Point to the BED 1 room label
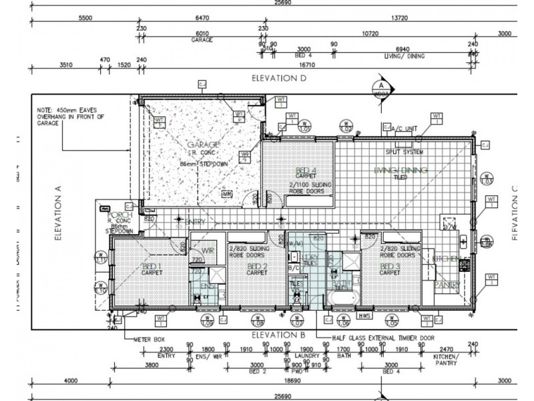[148, 267]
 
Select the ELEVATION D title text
[278, 78]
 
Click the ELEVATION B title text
[278, 333]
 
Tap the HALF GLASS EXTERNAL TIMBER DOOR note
[383, 338]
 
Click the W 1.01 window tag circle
[305, 128]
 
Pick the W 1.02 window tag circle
[346, 128]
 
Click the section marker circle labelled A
[380, 87]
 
